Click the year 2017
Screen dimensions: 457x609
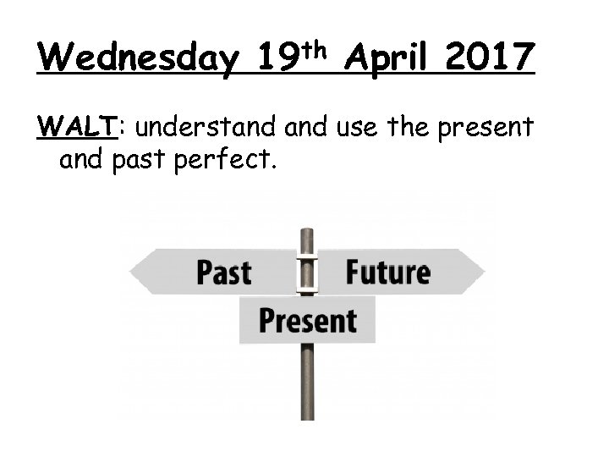[490, 58]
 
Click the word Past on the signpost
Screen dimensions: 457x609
[224, 273]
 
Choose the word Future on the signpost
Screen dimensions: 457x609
[387, 273]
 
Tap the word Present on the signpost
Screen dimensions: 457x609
[307, 321]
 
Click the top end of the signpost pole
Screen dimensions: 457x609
[307, 231]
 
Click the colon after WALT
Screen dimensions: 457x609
[123, 129]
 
